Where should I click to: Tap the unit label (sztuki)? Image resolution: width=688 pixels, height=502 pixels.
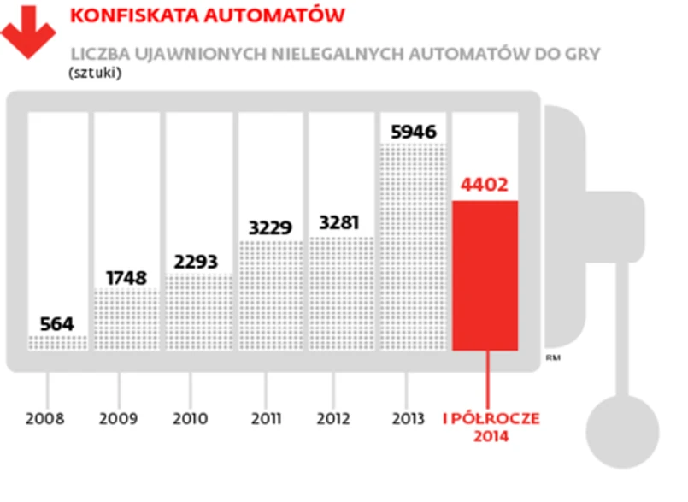click(x=95, y=73)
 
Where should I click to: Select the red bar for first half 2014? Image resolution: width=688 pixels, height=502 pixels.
click(x=485, y=275)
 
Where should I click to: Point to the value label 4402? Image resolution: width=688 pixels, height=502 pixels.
click(x=485, y=185)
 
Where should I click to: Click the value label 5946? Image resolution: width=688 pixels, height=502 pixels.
click(x=414, y=132)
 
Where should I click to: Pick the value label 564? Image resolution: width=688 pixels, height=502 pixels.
click(x=57, y=324)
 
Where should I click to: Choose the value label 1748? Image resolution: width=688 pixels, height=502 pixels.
click(x=126, y=278)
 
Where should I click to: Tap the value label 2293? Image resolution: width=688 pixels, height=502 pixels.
click(x=197, y=262)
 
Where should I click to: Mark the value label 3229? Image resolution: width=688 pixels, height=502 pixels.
click(x=270, y=228)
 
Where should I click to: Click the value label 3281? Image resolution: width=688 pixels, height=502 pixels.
click(x=340, y=223)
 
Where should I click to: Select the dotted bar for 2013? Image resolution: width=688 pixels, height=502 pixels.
click(x=414, y=248)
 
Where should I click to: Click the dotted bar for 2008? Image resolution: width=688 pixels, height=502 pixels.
click(x=57, y=342)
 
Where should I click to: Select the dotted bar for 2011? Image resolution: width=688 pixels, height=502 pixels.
click(x=270, y=295)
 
